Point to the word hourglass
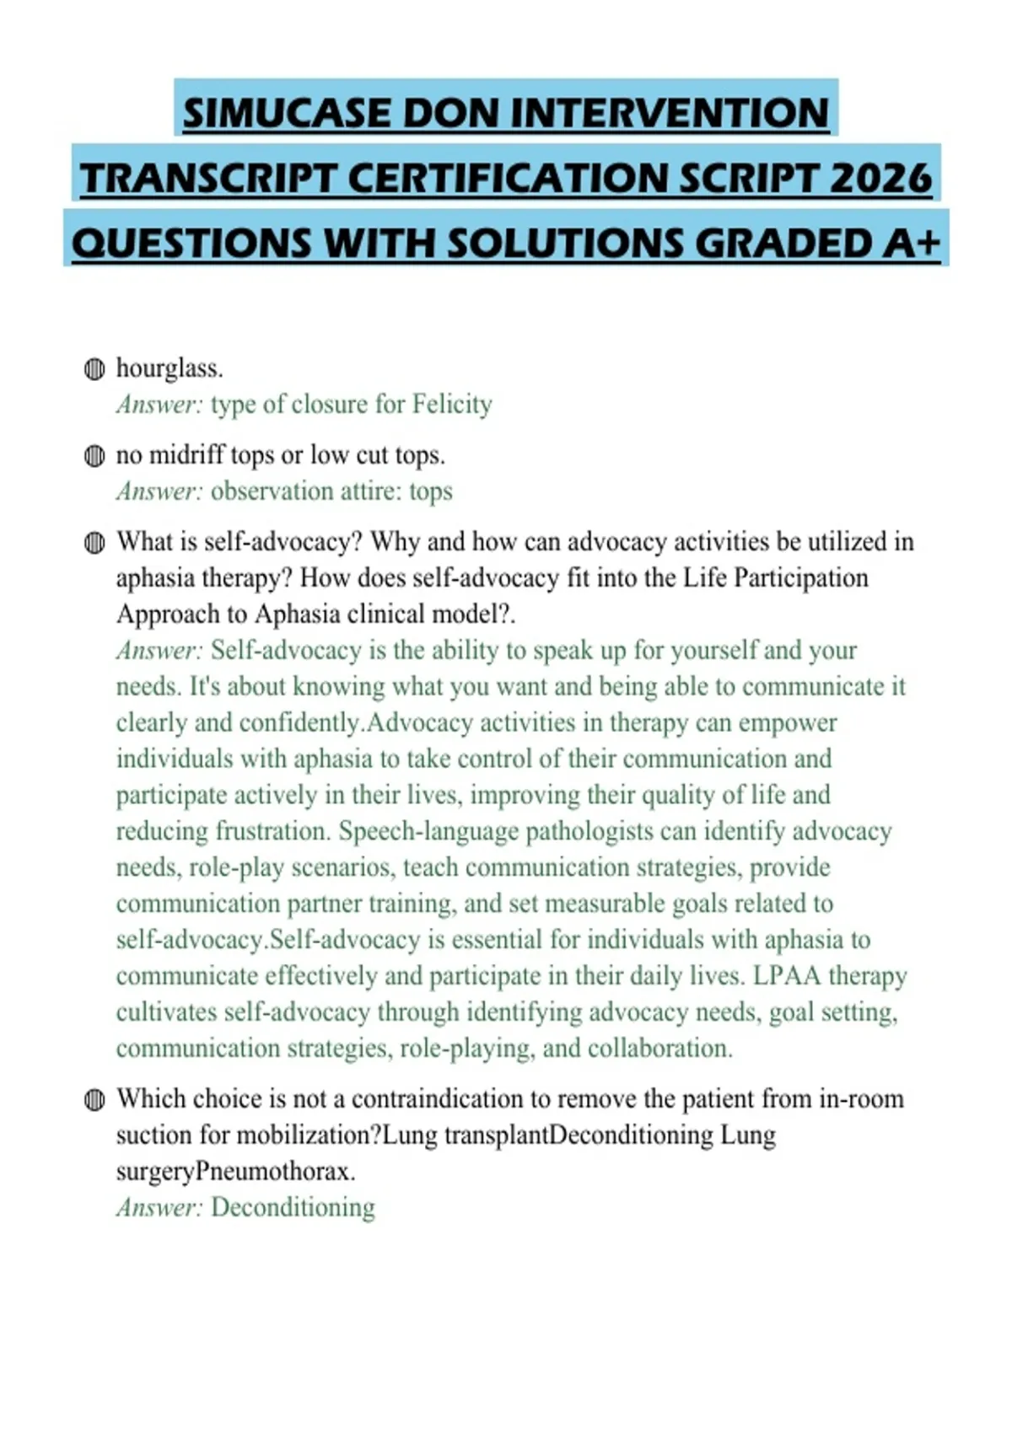point(169,368)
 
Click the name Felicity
point(452,405)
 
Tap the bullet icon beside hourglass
point(94,369)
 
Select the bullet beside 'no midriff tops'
point(94,456)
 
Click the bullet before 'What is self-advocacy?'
point(94,543)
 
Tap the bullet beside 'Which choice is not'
point(94,1100)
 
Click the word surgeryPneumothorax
point(235,1172)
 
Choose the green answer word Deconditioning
point(293,1208)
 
